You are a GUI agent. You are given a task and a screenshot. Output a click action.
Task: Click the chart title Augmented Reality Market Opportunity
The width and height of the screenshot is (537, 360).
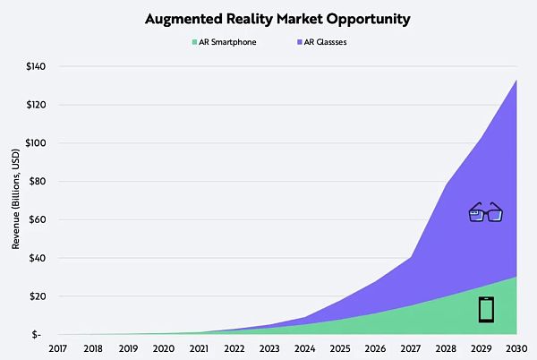[268, 17]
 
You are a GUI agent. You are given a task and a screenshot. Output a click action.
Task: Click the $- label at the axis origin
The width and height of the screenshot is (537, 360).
[38, 335]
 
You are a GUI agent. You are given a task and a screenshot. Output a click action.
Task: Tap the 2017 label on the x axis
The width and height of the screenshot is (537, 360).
[58, 349]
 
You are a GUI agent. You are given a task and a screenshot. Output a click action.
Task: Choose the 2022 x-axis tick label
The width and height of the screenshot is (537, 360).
[234, 349]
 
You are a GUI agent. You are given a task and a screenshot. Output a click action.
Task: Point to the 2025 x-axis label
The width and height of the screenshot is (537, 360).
[338, 349]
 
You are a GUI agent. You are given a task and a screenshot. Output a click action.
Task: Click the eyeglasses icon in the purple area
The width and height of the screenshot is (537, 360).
[486, 212]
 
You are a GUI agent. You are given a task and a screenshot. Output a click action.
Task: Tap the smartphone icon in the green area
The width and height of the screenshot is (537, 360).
[486, 309]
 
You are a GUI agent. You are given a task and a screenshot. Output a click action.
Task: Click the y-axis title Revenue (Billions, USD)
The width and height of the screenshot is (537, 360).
[13, 201]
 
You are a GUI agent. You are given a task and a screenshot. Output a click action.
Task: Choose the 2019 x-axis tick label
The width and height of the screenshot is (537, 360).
[129, 349]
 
